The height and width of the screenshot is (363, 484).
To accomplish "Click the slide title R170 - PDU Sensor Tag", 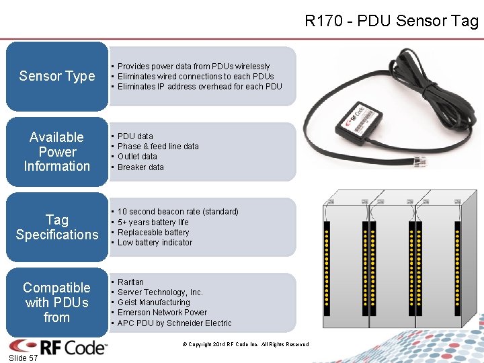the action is coord(391,21).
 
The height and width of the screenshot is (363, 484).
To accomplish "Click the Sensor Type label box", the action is coord(57,76).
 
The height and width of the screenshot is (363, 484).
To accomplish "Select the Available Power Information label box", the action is coord(57,152).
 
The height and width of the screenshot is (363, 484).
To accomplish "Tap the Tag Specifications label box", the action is coord(57,227).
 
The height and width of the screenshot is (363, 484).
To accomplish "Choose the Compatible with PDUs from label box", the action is coord(57,302).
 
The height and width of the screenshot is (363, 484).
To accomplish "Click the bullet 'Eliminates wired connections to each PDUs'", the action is coord(196,76).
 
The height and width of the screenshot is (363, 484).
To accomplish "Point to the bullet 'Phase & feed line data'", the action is coord(158,147).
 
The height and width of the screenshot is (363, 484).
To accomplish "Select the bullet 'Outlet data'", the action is coord(137,157).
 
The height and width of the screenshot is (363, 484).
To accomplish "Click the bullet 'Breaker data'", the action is coord(140,167).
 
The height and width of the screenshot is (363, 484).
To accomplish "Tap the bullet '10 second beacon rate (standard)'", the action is coord(177,212).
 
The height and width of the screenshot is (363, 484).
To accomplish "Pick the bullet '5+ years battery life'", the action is coord(153,223).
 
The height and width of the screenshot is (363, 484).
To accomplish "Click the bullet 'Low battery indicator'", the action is coord(155,243).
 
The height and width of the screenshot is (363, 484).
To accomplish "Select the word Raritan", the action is coord(130,282).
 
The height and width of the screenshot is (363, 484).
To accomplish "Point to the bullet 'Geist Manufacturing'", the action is coord(153,302).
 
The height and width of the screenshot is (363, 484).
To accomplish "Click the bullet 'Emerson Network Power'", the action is coord(162,313).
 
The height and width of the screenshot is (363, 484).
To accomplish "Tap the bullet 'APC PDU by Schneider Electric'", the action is coord(174,323).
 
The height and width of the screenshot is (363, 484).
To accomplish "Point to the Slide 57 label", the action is coord(24,358).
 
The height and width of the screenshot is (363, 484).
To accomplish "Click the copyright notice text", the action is coord(245,345).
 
